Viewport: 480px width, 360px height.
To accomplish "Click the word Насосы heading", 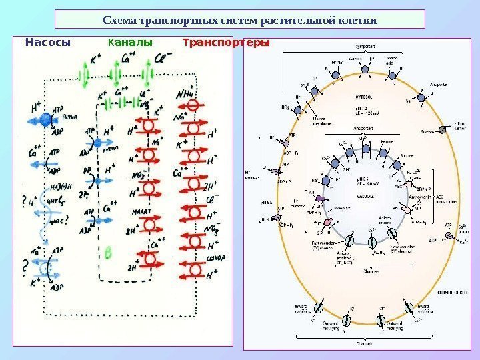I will coord(47,43).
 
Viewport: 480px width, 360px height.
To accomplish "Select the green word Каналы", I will coord(130,43).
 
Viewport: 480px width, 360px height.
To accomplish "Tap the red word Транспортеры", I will coord(226,43).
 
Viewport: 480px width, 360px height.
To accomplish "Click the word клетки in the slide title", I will coord(354,19).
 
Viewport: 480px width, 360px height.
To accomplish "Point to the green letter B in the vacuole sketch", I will coord(107,252).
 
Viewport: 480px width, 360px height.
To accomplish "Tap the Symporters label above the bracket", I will coord(364,46).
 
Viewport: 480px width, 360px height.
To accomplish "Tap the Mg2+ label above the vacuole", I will coord(363,138).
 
